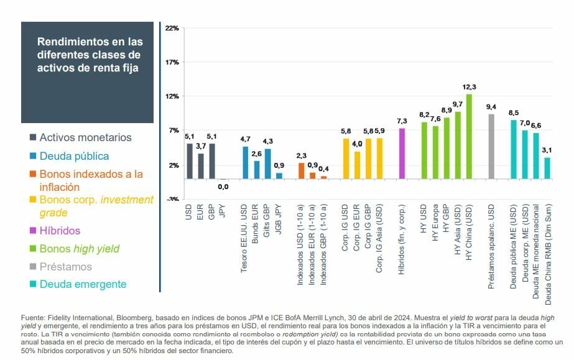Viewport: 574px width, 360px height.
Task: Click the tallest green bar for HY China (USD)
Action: [469, 136]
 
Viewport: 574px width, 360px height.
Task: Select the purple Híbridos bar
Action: [402, 153]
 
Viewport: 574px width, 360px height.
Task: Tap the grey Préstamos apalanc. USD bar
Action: [491, 146]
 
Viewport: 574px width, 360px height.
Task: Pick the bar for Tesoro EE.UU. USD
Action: [245, 162]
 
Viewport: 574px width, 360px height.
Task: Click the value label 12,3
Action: [469, 86]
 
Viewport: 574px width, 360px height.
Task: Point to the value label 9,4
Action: [491, 106]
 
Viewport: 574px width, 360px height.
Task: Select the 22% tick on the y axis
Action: [172, 28]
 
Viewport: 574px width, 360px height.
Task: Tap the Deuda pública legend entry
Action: [74, 156]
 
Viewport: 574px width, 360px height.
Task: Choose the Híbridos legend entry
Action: [60, 231]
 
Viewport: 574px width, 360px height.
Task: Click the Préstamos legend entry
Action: [65, 267]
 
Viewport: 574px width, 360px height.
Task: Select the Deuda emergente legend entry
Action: [83, 284]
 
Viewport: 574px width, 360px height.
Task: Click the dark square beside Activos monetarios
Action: [32, 137]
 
